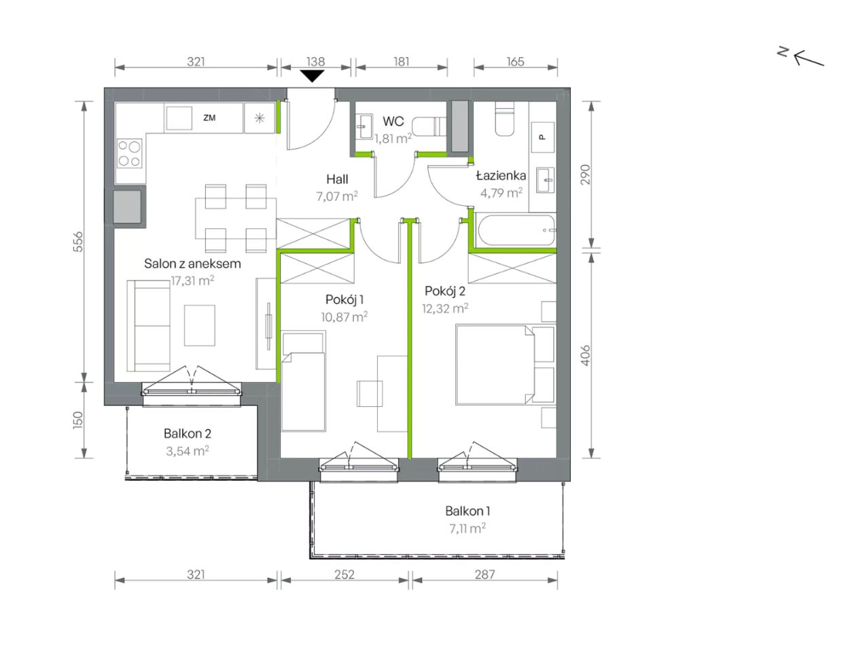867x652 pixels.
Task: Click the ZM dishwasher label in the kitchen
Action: [209, 117]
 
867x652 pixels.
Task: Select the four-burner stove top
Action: [129, 153]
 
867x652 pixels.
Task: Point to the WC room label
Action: [393, 122]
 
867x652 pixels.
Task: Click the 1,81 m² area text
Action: [393, 139]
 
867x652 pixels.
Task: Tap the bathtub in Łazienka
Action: [516, 230]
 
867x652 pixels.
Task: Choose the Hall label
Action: [337, 179]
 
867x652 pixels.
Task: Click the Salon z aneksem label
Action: [192, 264]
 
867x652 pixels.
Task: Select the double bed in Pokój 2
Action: [495, 365]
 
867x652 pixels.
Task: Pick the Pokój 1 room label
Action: [344, 300]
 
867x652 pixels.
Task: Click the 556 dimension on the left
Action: [79, 242]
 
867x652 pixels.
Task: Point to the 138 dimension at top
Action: [315, 62]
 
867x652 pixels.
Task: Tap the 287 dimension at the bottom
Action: [484, 575]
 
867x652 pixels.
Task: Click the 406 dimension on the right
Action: [586, 355]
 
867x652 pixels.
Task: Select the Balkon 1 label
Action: [467, 511]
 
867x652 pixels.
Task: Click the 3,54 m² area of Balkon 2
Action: [188, 451]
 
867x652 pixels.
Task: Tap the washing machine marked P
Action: [542, 137]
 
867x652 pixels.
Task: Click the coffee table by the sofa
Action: [200, 325]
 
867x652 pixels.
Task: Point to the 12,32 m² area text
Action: [445, 308]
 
